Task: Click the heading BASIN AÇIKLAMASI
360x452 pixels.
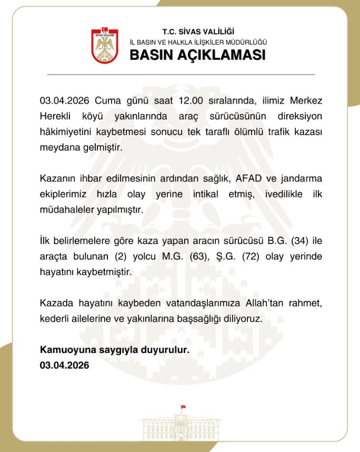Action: [197, 55]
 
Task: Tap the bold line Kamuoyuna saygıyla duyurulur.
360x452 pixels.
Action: [114, 350]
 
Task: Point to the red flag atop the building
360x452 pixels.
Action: [183, 407]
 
